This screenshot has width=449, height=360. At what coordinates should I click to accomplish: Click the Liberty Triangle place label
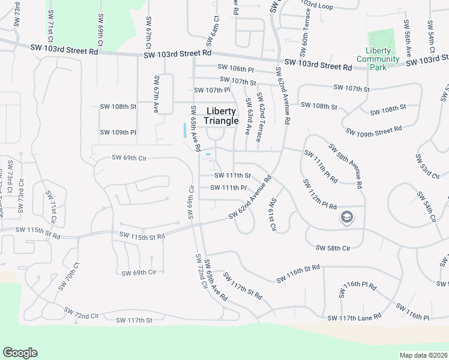click(x=221, y=116)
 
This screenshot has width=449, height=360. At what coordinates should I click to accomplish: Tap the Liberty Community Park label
click(x=378, y=59)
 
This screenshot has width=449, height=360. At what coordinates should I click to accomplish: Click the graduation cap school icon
click(x=346, y=217)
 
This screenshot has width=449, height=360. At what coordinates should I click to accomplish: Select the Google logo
click(x=20, y=353)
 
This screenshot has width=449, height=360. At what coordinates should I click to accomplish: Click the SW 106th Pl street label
click(x=236, y=70)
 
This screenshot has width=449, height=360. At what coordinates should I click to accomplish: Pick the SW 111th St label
click(x=232, y=175)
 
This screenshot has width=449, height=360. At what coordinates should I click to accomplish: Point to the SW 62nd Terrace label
click(x=259, y=117)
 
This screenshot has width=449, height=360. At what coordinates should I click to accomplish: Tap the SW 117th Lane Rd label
click(x=354, y=317)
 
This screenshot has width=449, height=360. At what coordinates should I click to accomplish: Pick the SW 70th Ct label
click(x=68, y=276)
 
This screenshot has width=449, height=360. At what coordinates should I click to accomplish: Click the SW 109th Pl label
click(x=118, y=132)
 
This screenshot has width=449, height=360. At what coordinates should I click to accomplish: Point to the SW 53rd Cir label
click(x=423, y=166)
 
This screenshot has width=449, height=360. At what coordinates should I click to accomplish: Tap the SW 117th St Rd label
click(x=243, y=286)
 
